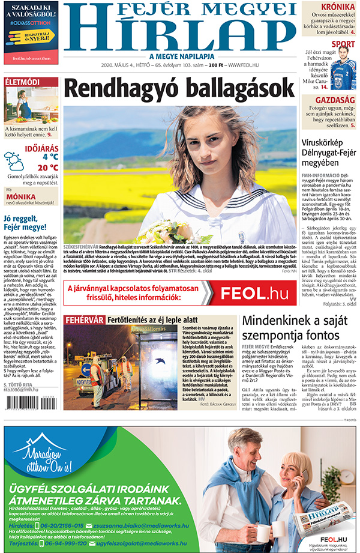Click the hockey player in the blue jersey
click(343, 68)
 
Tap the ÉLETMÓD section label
click(22, 82)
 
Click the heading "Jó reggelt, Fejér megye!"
click(25, 223)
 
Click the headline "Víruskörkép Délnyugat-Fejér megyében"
click(329, 153)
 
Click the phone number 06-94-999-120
click(56, 543)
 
